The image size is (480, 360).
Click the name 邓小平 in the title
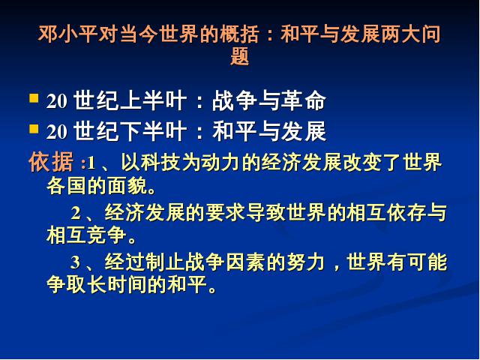click(x=67, y=34)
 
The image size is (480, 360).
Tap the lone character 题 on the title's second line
click(x=240, y=56)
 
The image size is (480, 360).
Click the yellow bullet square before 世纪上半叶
click(x=34, y=98)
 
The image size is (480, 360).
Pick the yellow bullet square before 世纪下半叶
click(x=34, y=129)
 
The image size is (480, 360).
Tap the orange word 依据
click(x=51, y=162)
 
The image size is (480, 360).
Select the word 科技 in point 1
click(x=160, y=162)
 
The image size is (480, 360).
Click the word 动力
click(x=220, y=162)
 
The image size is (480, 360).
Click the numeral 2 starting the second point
click(x=76, y=213)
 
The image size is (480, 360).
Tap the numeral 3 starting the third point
click(x=75, y=262)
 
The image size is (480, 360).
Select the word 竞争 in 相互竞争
click(x=107, y=235)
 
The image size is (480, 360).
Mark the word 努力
click(x=305, y=262)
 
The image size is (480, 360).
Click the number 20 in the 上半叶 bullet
click(x=56, y=101)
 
